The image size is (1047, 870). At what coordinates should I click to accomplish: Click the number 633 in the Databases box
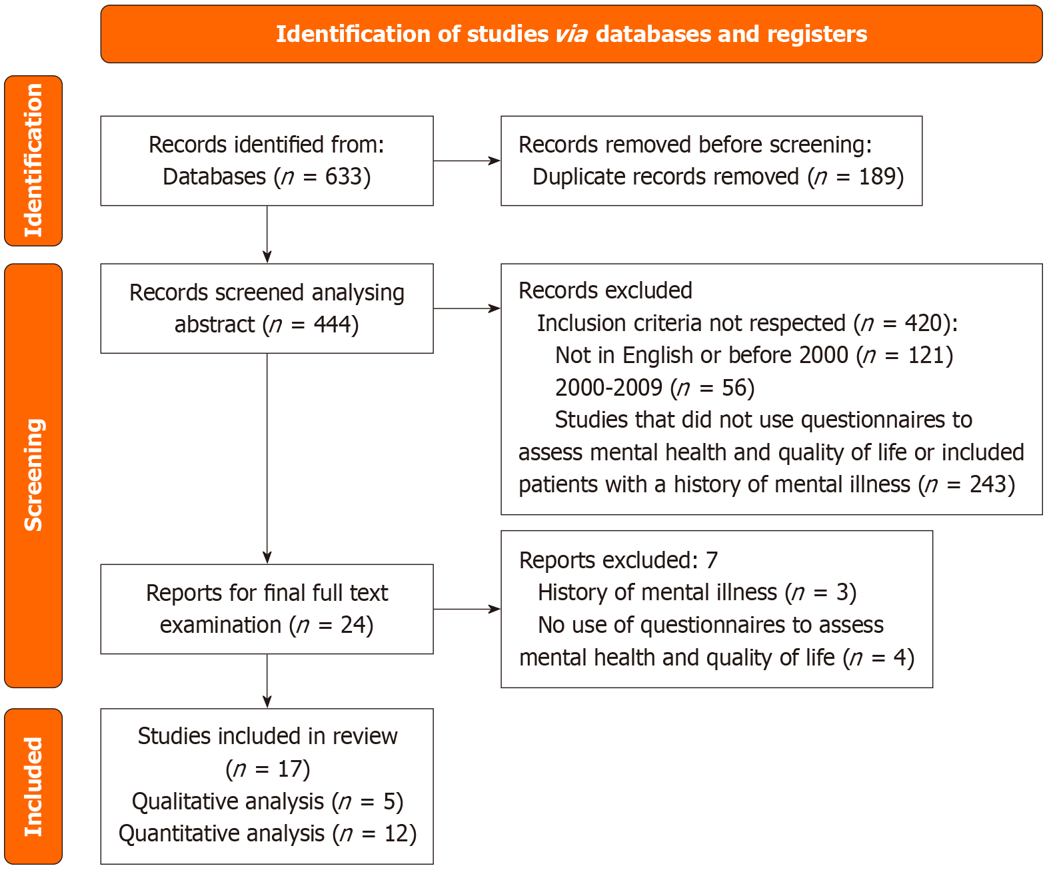tap(343, 177)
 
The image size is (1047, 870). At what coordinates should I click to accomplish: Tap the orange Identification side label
tap(33, 161)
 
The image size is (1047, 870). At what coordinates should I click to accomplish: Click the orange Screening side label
tap(33, 475)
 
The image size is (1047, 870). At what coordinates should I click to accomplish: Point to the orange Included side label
tap(33, 786)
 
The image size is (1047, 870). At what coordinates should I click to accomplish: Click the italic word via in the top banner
tap(572, 34)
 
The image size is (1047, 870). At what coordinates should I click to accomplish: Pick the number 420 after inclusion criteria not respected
tap(923, 323)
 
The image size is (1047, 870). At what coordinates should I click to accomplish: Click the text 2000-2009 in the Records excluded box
tap(608, 388)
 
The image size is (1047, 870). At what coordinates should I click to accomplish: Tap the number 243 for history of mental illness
tap(988, 484)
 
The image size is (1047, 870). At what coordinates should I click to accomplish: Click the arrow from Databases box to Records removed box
tap(467, 161)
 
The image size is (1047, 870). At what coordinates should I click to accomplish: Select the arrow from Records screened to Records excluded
tap(467, 308)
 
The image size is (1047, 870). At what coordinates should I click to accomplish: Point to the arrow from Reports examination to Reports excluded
tap(467, 609)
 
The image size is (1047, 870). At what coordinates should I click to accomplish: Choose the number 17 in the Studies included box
tap(289, 769)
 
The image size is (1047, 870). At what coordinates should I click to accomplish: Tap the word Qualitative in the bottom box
tap(180, 801)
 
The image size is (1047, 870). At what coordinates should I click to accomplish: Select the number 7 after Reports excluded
tap(712, 560)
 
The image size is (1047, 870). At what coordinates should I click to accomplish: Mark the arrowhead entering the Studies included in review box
tap(267, 702)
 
